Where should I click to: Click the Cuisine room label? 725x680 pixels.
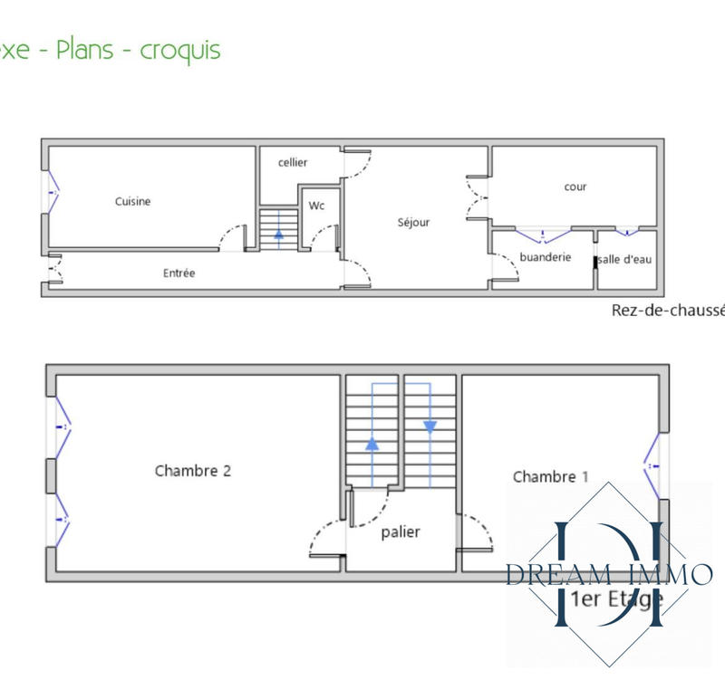132,201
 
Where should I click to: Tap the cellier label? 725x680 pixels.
293,162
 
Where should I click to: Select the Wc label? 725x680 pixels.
316,206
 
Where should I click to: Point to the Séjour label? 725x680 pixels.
413,222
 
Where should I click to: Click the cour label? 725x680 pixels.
575,187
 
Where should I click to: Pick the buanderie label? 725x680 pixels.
546,257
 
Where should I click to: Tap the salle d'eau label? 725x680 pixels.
625,259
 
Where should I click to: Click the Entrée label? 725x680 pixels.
179,273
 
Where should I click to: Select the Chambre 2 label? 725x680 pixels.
192,471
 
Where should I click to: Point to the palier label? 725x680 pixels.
401,532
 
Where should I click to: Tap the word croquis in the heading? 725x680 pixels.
180,50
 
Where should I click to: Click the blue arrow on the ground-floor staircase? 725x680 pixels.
278,233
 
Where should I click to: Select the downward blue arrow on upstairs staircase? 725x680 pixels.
430,426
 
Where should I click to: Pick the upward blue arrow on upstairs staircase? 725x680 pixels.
372,444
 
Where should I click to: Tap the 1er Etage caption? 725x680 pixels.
618,598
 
